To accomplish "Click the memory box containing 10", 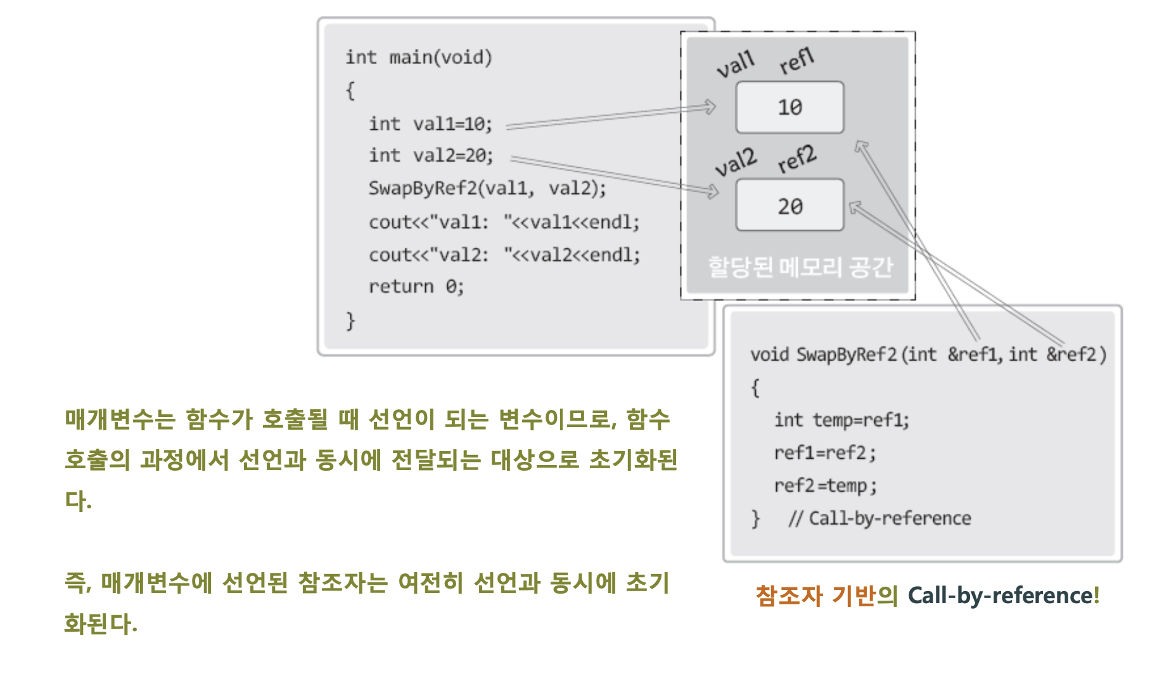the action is (789, 107).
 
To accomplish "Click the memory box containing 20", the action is (789, 205).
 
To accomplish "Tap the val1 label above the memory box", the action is (736, 64).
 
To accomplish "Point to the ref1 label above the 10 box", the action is (796, 61).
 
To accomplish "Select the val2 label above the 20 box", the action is (736, 162).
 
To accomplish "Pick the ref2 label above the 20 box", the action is (797, 158).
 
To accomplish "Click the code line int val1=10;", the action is (430, 124).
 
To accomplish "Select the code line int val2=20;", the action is (431, 155).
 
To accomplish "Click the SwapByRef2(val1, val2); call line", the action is (487, 188).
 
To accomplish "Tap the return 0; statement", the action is (416, 286).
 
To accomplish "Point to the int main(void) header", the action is (418, 58).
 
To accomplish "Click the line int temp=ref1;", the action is (841, 420).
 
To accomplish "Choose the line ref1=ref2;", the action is (825, 453).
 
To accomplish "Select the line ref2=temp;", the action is (825, 486).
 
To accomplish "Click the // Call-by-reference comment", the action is (879, 519).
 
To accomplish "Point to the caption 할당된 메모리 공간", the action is (800, 267).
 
